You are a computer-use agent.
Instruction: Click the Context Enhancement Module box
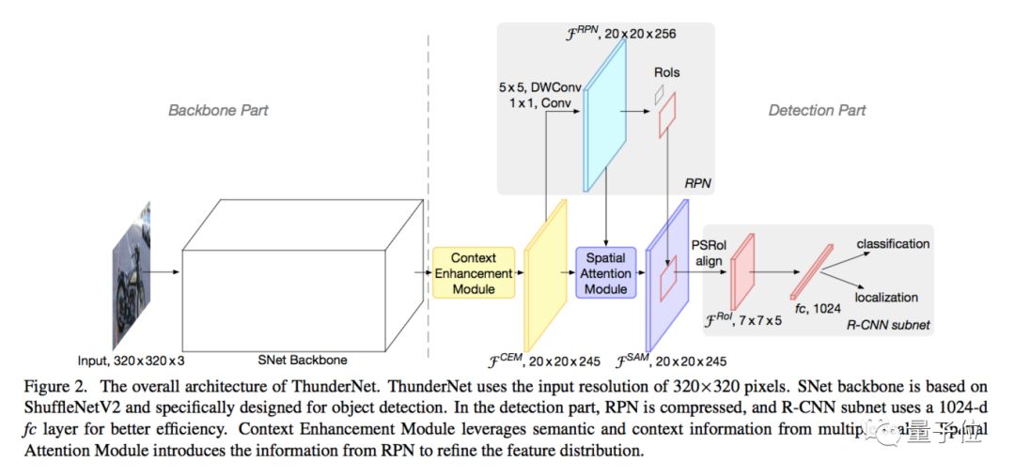click(x=474, y=272)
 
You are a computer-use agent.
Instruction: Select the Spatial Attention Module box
click(x=605, y=272)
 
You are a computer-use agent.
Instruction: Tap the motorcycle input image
click(x=131, y=272)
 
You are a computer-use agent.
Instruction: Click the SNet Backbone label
click(x=302, y=360)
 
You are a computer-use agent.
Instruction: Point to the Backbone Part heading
click(x=218, y=110)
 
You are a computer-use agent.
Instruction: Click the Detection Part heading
click(x=817, y=110)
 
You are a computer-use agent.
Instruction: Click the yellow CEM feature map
click(x=546, y=272)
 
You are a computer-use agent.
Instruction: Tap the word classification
click(x=892, y=244)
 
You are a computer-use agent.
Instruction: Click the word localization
click(x=886, y=297)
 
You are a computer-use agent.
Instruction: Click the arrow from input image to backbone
click(x=165, y=272)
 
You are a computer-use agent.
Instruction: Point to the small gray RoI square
click(x=660, y=94)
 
